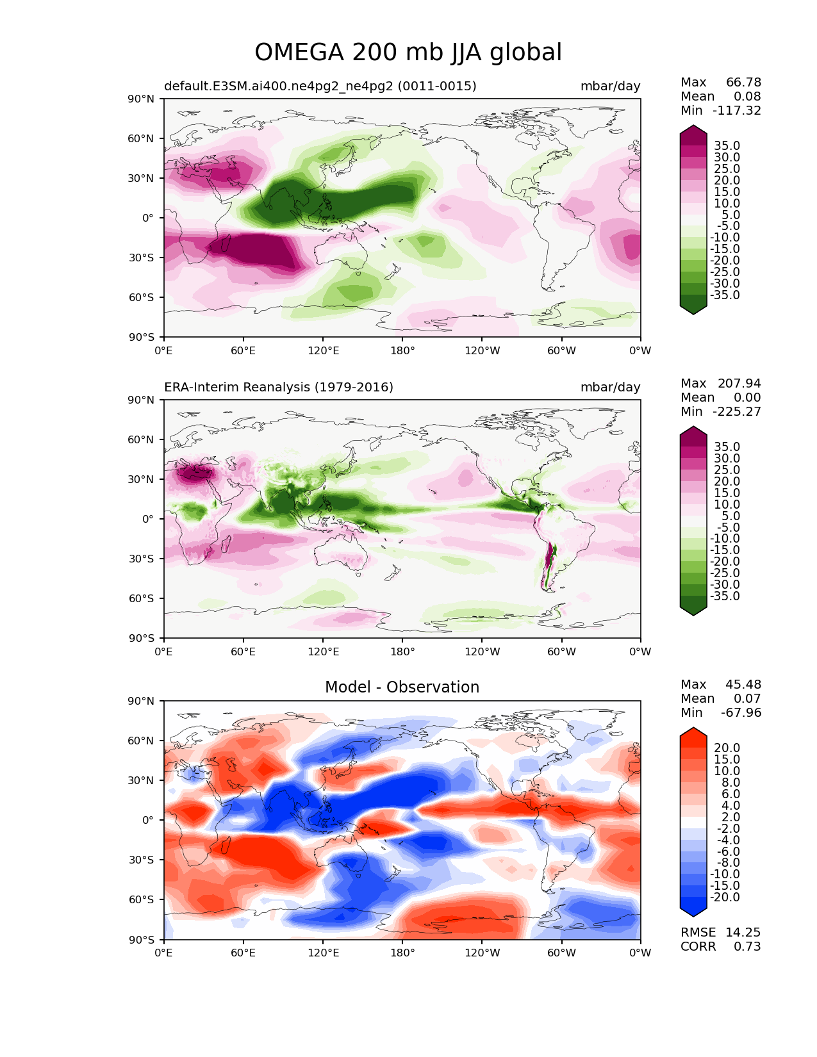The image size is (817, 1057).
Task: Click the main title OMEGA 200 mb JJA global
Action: [408, 52]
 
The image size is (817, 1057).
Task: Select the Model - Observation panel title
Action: [402, 687]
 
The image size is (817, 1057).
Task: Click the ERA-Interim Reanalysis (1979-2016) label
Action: [279, 387]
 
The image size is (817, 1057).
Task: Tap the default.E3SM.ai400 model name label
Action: [320, 86]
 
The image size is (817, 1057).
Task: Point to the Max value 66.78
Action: [743, 82]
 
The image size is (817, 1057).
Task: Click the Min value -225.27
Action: [737, 411]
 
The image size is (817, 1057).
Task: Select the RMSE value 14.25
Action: [743, 932]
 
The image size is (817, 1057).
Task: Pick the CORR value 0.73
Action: [747, 946]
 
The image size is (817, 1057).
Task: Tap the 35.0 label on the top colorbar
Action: [727, 145]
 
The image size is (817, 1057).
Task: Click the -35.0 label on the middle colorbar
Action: [725, 596]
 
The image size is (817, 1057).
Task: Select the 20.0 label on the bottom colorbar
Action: [727, 748]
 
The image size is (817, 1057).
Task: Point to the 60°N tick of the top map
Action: [140, 138]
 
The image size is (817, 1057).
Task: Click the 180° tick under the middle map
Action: [402, 651]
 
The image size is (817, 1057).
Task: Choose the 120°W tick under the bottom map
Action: [483, 953]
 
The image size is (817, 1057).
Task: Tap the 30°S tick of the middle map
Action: [141, 559]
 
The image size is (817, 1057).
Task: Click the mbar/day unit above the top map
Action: [610, 86]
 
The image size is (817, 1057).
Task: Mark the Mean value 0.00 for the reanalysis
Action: [747, 397]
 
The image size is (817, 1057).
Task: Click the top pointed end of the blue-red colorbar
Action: [693, 728]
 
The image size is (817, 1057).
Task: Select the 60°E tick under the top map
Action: [243, 350]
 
